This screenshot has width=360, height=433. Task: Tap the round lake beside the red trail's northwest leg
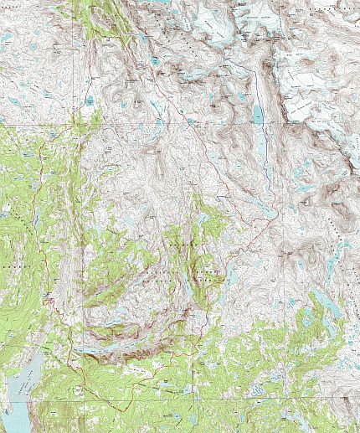point(90,101)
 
